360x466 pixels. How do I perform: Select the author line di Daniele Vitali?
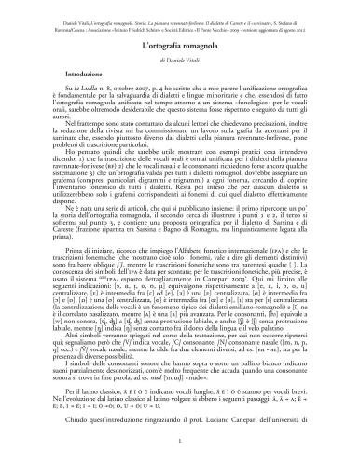(x=180, y=60)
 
